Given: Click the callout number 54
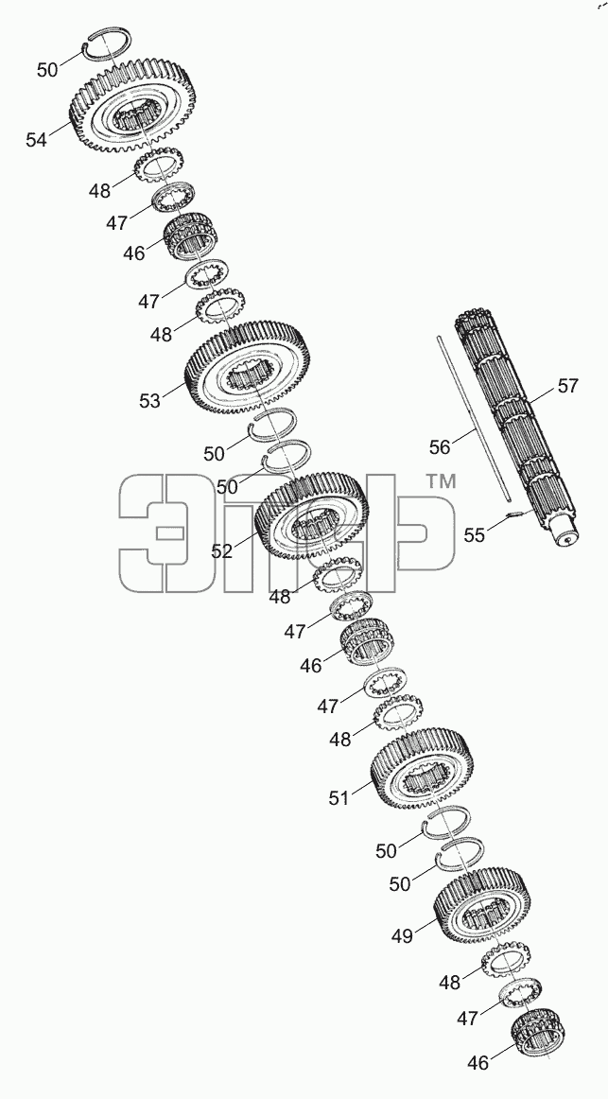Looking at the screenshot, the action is (37, 139).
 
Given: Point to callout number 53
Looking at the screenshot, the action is (149, 401).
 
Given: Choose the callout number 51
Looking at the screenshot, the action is (339, 797).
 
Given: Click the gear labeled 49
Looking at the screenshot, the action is (482, 905).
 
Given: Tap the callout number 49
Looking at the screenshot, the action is (402, 936).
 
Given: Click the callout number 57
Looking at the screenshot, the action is (568, 386).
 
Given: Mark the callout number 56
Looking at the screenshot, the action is (439, 446).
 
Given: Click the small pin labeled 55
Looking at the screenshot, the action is (513, 515).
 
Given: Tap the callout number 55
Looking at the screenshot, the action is (475, 535).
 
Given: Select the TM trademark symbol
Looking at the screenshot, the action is (442, 481).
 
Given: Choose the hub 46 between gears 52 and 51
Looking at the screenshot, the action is (364, 640).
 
